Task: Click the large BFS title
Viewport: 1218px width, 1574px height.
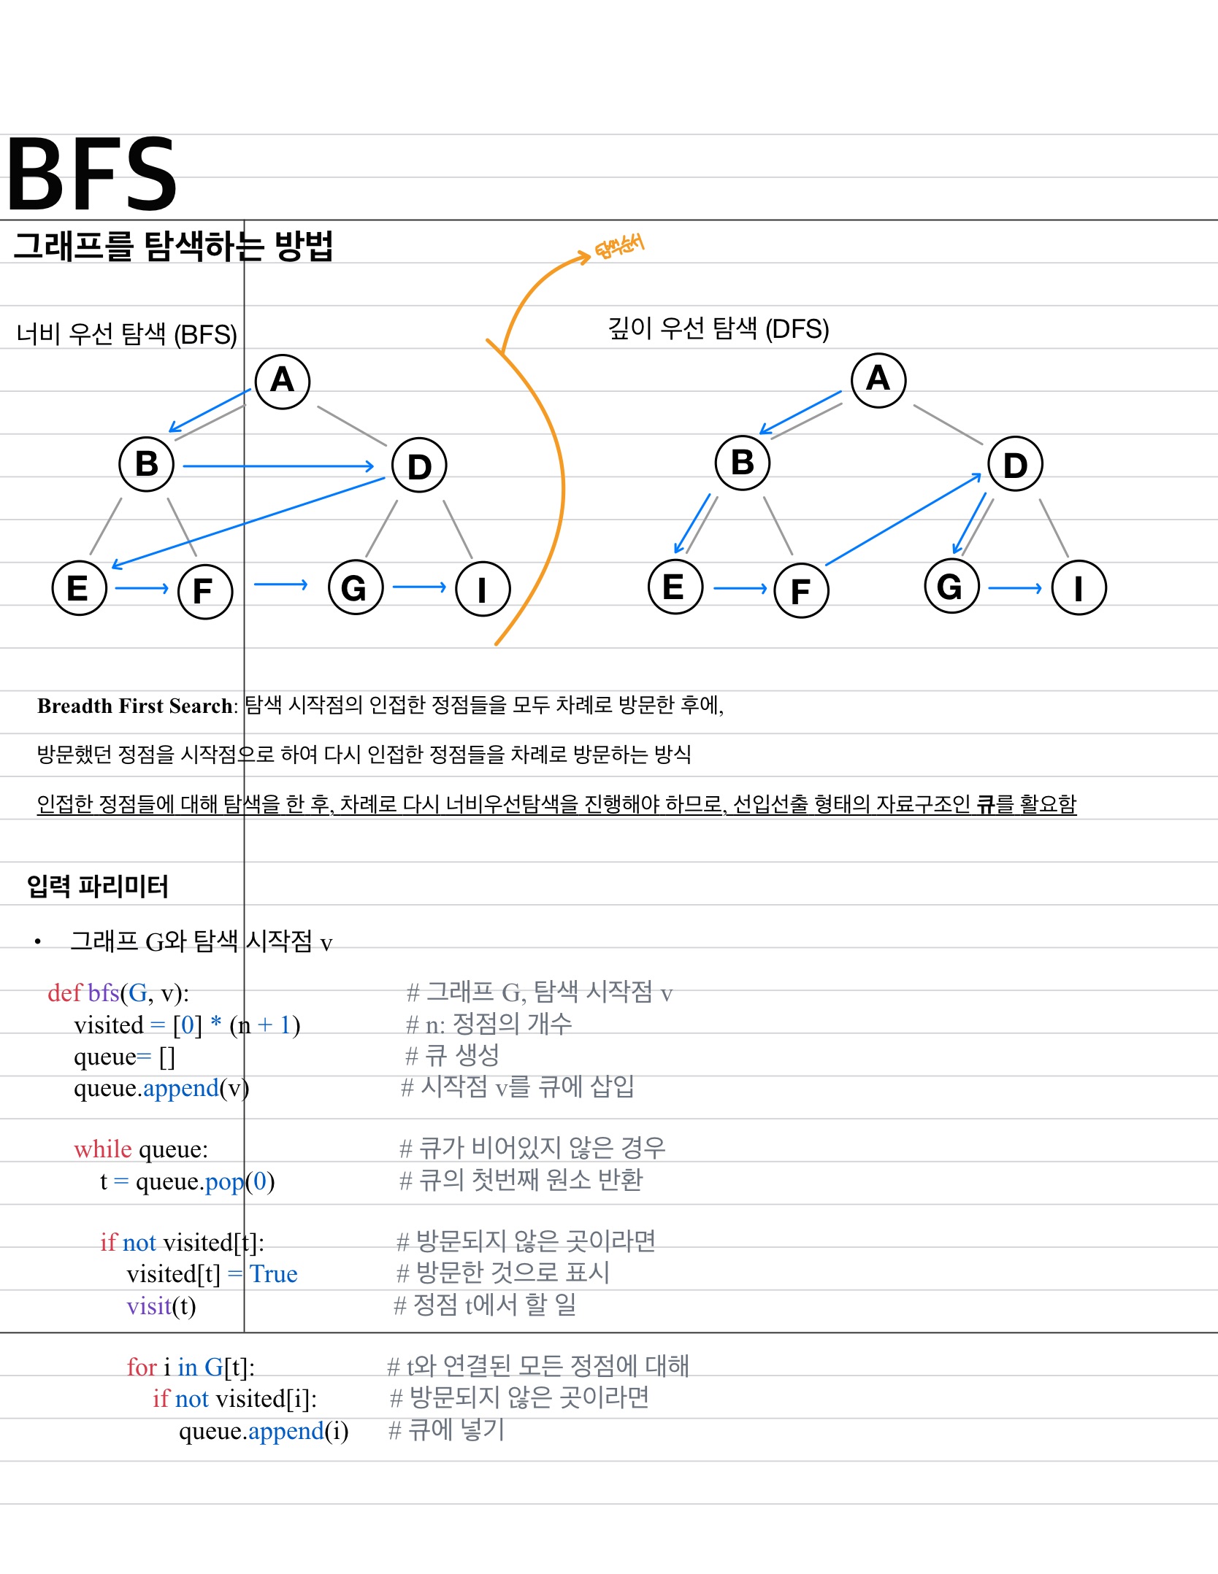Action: click(x=91, y=174)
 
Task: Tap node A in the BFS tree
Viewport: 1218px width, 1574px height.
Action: click(x=283, y=381)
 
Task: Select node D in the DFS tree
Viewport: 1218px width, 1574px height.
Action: click(x=1015, y=464)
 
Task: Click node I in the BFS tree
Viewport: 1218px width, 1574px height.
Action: click(x=482, y=589)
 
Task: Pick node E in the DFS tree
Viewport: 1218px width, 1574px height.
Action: click(x=675, y=587)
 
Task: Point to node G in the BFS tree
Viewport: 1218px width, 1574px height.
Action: click(x=355, y=587)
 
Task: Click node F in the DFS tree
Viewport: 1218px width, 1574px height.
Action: click(x=801, y=590)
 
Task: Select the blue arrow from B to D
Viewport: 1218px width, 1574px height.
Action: click(x=277, y=466)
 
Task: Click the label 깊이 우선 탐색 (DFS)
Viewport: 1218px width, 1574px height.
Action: click(x=719, y=329)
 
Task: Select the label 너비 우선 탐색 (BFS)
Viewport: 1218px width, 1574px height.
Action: click(x=127, y=334)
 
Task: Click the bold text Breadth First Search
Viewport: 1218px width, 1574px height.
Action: click(x=136, y=706)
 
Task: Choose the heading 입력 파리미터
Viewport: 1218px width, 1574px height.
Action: click(x=98, y=887)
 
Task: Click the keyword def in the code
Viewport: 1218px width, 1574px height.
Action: click(x=64, y=992)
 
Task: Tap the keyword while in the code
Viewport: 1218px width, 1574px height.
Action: click(x=102, y=1149)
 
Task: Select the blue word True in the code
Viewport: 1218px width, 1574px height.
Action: click(x=273, y=1274)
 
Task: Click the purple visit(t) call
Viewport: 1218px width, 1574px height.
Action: click(x=161, y=1306)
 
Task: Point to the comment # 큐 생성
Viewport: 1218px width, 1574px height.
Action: click(x=453, y=1055)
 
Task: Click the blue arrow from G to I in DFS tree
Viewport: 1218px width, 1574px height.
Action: click(x=1014, y=587)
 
